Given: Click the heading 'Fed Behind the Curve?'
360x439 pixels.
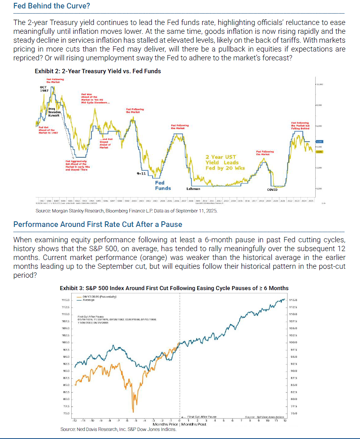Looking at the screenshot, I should coord(52,6).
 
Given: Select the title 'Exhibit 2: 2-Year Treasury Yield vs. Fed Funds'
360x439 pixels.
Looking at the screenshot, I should coord(98,71).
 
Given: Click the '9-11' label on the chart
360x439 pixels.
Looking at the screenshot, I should coord(142,173).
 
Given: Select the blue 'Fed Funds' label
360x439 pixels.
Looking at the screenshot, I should coord(163,185).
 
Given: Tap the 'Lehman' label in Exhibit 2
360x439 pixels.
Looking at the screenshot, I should coord(193,188).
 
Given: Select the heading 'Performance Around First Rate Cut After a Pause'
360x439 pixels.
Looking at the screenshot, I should coord(98,224).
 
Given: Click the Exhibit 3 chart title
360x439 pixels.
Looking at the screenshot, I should coord(174,288).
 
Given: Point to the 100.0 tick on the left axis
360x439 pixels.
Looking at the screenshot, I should coord(65,342).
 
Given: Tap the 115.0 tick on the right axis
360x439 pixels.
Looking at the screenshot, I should coord(293,300).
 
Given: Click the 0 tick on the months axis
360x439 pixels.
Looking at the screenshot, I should coord(180,420).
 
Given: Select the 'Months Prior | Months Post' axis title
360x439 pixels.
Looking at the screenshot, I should coord(180,425).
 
